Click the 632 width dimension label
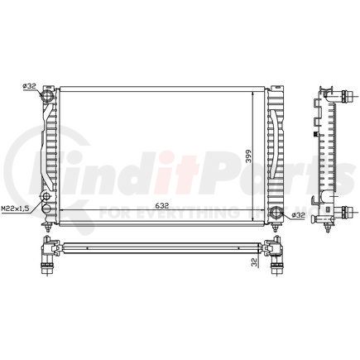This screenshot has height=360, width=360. point(161,206)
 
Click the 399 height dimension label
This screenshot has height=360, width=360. point(249,156)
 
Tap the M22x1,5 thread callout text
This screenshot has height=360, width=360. point(15,209)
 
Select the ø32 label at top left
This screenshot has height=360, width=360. point(30,86)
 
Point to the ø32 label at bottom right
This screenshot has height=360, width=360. point(298,215)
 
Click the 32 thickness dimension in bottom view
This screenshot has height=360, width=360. point(255,262)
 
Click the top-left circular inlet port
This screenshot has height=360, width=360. point(47,95)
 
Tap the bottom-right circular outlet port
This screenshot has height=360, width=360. point(276,212)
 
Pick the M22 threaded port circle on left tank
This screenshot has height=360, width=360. point(46,196)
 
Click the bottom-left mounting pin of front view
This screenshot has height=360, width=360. point(48,228)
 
